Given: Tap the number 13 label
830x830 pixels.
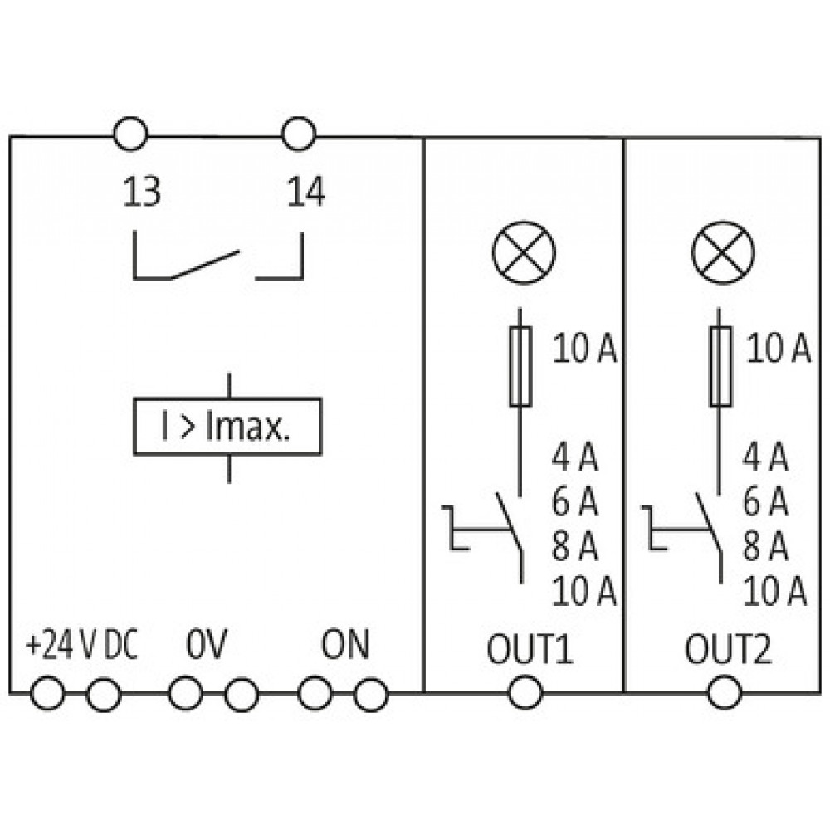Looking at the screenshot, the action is coord(141,192).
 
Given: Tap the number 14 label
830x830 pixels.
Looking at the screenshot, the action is coord(306,192).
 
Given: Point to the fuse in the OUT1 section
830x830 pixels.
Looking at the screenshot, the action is coord(520,366).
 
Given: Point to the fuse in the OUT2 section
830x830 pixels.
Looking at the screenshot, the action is coord(720,366).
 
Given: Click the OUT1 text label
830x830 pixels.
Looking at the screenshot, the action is coord(530,648).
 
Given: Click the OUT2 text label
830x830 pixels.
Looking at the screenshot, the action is coord(729,648).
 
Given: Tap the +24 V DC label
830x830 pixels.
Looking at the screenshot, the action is coord(81,645).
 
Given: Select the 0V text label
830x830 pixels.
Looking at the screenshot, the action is coord(206,644).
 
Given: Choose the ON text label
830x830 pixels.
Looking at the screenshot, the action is coord(344,644).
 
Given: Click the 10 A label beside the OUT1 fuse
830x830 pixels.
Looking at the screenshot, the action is coord(584,349).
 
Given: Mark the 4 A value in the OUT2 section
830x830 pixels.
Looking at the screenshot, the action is coord(765,456).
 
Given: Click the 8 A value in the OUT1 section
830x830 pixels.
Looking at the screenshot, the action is coord(574,546).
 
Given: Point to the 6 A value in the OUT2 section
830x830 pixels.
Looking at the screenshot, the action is coord(765,501).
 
